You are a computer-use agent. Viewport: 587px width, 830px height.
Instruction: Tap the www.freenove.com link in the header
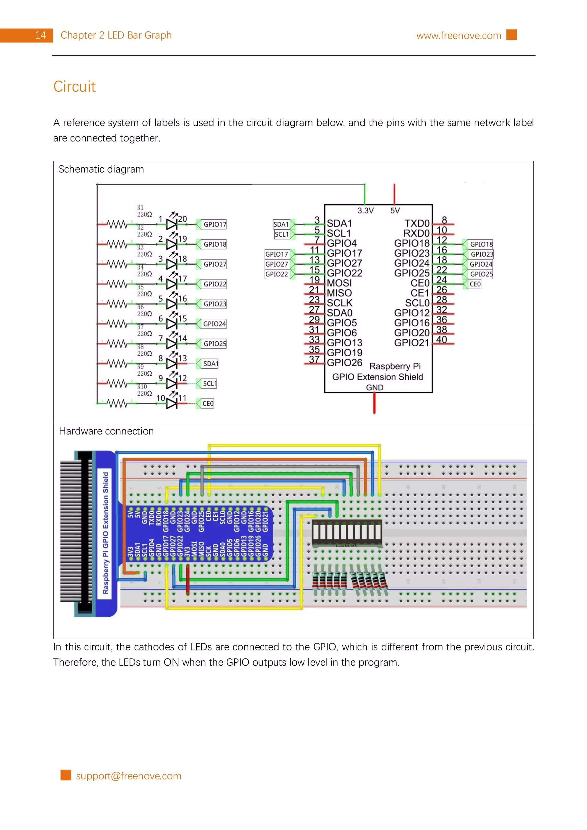pyautogui.click(x=458, y=36)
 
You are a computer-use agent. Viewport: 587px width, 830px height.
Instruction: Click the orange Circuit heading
pyautogui.click(x=75, y=86)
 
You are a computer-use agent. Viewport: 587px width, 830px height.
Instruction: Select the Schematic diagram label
pyautogui.click(x=101, y=169)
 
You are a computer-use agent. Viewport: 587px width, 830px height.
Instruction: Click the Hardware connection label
pyautogui.click(x=106, y=431)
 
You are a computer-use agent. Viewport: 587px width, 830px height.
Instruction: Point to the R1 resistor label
pyautogui.click(x=140, y=207)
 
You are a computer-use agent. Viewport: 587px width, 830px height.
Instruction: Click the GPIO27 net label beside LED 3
pyautogui.click(x=214, y=264)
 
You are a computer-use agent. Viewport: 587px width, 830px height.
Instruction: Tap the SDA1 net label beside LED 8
pyautogui.click(x=210, y=364)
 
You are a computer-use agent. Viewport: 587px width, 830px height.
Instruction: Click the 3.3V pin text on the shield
pyautogui.click(x=365, y=211)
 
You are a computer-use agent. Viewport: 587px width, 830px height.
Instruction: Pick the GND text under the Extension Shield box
pyautogui.click(x=374, y=388)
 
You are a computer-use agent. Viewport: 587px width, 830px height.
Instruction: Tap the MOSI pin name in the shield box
pyautogui.click(x=339, y=283)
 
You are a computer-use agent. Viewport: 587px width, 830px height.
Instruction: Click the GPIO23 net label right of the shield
pyautogui.click(x=482, y=254)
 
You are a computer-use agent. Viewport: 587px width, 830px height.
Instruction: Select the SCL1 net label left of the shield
pyautogui.click(x=282, y=234)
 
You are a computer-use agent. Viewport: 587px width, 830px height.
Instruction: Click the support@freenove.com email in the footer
pyautogui.click(x=128, y=776)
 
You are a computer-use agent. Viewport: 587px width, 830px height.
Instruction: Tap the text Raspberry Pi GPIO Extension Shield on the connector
pyautogui.click(x=105, y=533)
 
